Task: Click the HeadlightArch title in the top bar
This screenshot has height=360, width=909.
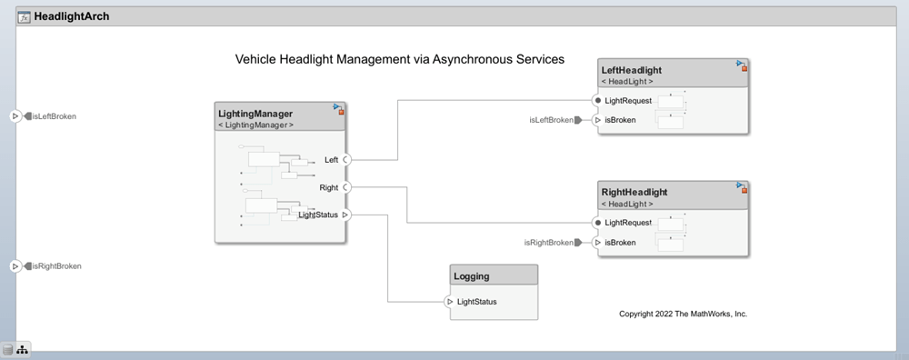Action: [x=71, y=16]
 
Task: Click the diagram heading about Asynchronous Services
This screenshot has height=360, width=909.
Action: [x=400, y=59]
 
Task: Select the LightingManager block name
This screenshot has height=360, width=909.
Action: [x=255, y=113]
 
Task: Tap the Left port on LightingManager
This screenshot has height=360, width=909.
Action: [x=346, y=160]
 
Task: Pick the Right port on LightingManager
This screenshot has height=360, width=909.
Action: [x=346, y=187]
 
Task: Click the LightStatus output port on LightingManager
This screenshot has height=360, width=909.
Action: [x=346, y=215]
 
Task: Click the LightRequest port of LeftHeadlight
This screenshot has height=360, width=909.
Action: [x=597, y=100]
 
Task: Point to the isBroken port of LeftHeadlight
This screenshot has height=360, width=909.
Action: [x=597, y=120]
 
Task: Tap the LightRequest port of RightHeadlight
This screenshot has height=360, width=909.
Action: [x=597, y=223]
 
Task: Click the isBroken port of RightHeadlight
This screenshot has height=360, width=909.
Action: [x=597, y=243]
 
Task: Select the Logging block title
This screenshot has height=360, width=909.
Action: [x=471, y=275]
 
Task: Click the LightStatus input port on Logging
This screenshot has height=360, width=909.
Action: [x=450, y=302]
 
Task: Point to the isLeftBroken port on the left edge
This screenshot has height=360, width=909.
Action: [x=15, y=116]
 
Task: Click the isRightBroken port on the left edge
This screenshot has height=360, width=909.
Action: [x=15, y=266]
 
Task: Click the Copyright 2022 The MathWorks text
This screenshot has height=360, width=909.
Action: [x=683, y=314]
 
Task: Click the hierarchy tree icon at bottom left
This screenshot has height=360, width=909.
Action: [x=23, y=350]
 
